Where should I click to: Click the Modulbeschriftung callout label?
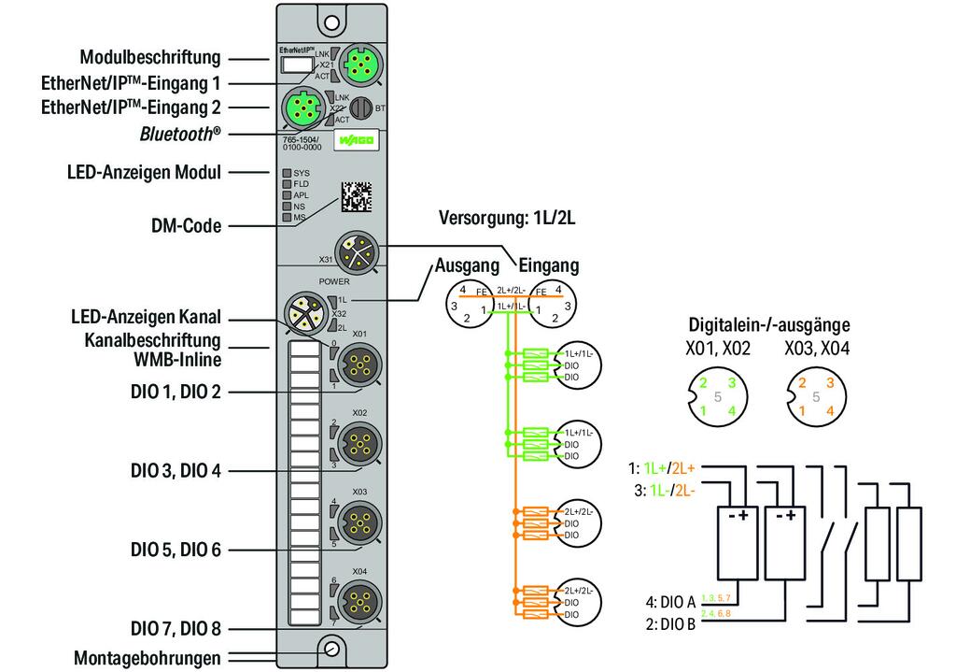coord(149,57)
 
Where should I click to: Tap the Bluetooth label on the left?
coord(180,134)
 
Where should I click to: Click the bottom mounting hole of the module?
coord(330,649)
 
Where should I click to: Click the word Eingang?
coord(549,265)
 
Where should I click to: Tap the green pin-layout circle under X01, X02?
coord(716,396)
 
